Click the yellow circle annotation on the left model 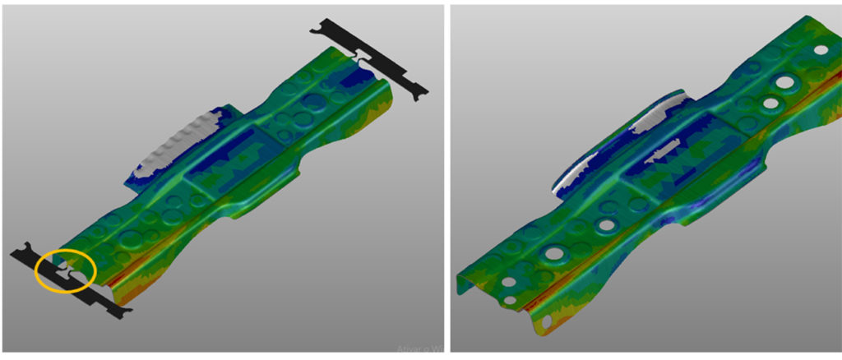point(66,271)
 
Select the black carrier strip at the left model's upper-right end point(370,62)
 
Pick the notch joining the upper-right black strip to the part point(362,56)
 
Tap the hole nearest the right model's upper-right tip point(820,49)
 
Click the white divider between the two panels point(446,180)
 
